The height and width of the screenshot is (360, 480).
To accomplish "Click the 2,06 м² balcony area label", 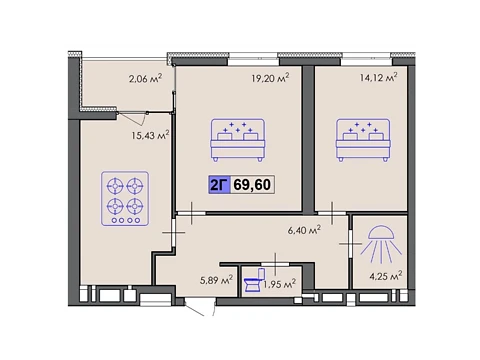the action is click(145, 78).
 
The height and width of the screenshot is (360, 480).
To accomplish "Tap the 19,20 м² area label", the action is click(270, 78).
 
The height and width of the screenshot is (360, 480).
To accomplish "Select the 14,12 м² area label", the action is click(378, 77).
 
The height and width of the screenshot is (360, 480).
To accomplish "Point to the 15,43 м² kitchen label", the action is click(150, 135).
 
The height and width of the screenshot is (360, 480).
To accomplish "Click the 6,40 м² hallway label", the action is click(304, 230).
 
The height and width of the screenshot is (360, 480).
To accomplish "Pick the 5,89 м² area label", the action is click(216, 280).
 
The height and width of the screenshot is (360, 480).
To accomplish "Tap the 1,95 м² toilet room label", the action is click(280, 284).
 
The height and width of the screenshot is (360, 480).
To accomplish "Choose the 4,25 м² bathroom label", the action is click(386, 276).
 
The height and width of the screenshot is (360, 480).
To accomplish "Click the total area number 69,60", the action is click(252, 184).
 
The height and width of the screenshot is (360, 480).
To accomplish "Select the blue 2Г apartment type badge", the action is click(219, 184).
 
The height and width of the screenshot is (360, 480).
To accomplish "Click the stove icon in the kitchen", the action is click(125, 199).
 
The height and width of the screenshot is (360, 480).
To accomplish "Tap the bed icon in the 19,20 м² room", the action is click(238, 140).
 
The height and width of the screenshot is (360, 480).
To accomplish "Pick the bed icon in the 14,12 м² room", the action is click(363, 140).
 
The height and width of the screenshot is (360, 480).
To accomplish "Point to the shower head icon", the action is click(381, 243).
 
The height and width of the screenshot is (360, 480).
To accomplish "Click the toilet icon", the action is click(255, 280).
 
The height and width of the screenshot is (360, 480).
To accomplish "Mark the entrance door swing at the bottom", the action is click(200, 308).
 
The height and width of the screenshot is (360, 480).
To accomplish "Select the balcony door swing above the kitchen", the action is click(133, 118).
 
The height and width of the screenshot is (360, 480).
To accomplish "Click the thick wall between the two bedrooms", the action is click(308, 139).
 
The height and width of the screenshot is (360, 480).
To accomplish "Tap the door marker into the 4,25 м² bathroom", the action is click(350, 244).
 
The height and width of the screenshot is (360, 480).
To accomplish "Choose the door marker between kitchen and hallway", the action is click(173, 232).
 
